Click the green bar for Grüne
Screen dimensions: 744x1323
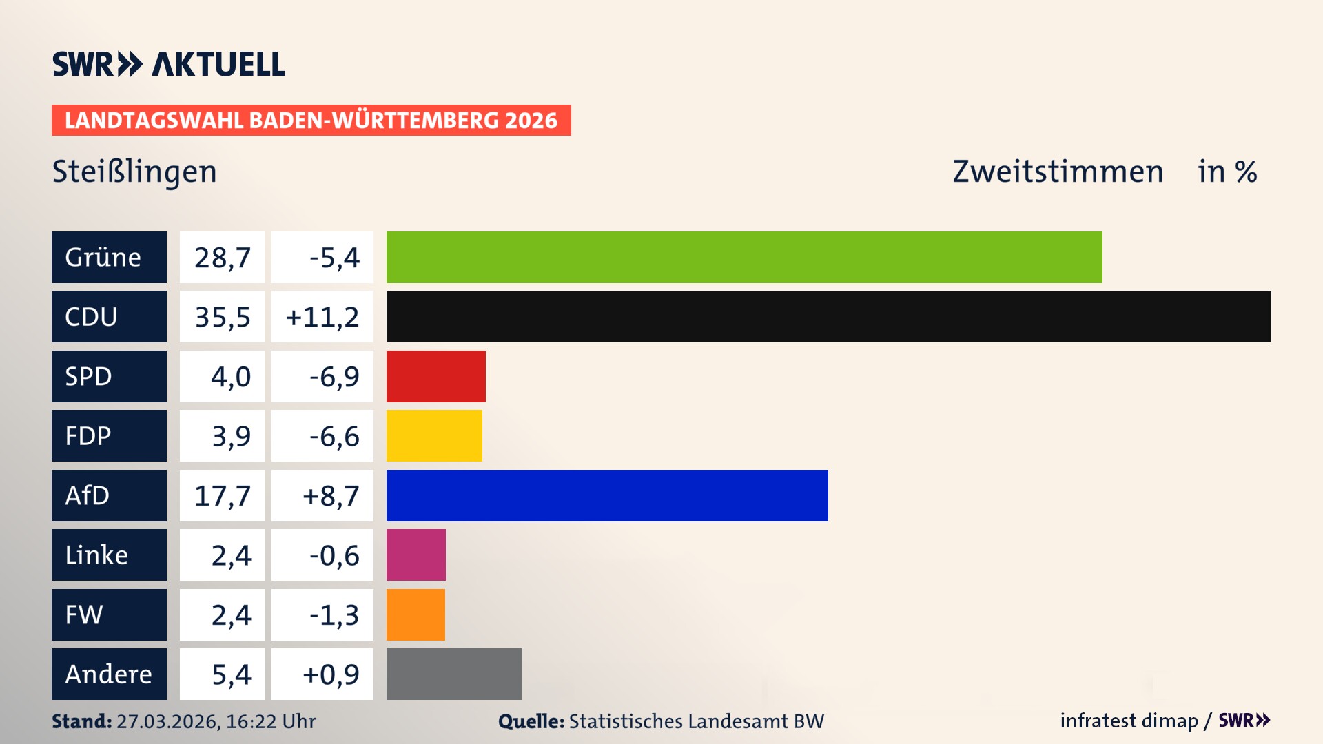click(744, 257)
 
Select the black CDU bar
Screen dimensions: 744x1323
click(828, 316)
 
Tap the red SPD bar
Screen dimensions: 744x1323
click(435, 376)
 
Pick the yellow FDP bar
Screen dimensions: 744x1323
click(434, 435)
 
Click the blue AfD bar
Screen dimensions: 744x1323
click(607, 495)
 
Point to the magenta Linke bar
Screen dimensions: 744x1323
click(416, 555)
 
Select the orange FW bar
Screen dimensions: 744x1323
click(416, 614)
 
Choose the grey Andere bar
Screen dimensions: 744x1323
click(453, 674)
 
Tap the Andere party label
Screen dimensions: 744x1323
click(109, 674)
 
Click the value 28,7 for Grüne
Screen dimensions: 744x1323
click(222, 257)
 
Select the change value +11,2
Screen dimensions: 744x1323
click(322, 316)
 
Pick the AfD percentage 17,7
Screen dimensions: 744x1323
click(222, 495)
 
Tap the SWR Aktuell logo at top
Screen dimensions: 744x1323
click(169, 64)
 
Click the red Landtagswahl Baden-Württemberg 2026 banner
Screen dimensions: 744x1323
click(311, 120)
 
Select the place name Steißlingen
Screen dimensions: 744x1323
click(134, 172)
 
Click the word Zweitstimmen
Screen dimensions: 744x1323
click(1057, 172)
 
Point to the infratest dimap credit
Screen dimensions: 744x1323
click(1129, 721)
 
